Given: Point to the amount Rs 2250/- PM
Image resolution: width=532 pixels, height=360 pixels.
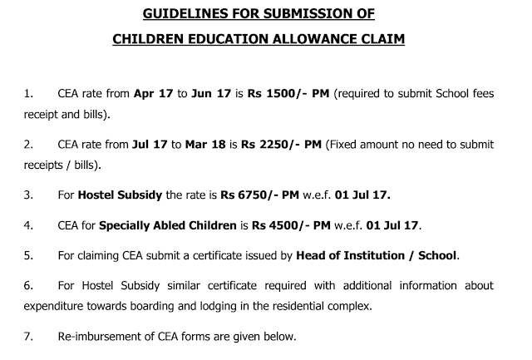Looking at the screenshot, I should pos(288,145).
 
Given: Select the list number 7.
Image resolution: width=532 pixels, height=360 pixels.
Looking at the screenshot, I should pos(29,337).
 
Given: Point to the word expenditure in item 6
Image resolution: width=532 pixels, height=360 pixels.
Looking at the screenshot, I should pos(57,305).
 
